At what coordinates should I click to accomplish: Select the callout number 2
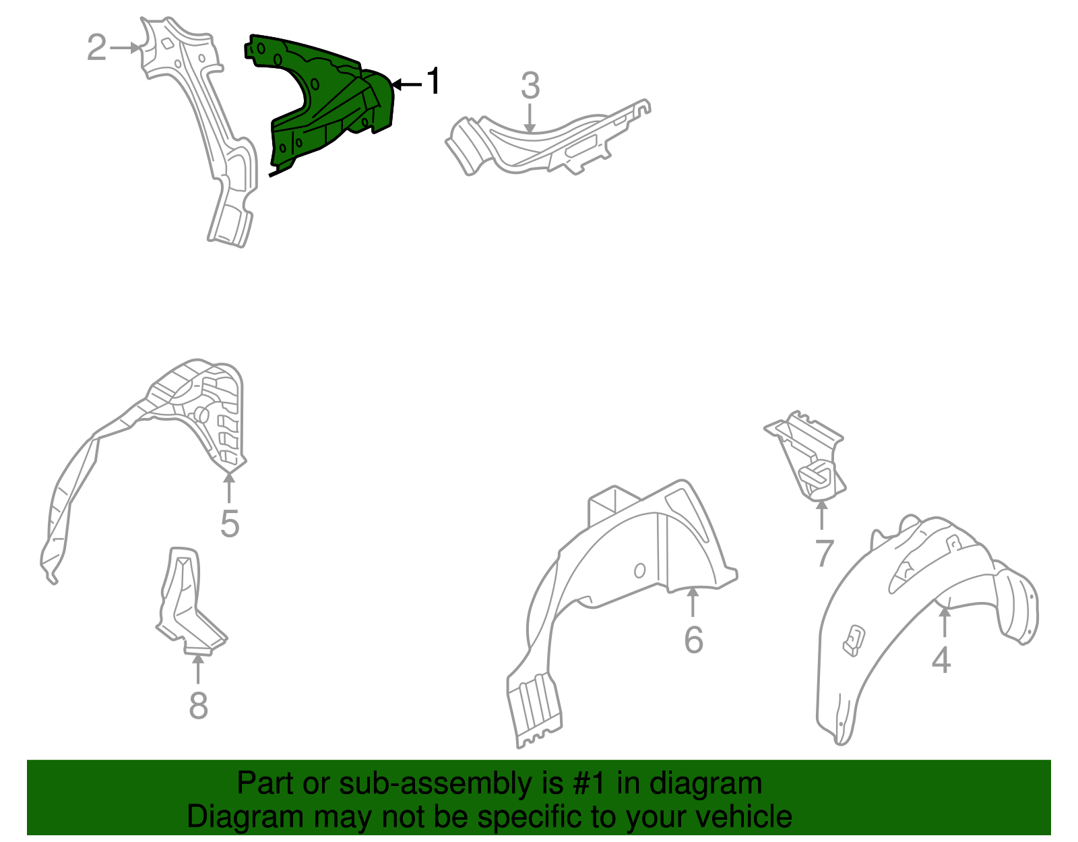point(97,48)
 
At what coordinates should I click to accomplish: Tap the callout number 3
point(530,86)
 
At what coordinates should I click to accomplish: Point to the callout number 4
point(941,660)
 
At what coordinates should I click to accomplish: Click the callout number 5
point(230,523)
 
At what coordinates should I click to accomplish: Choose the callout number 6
point(693,640)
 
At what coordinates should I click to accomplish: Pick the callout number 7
point(824,553)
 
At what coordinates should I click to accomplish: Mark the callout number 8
point(198,705)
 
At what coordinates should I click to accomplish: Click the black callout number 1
point(434,81)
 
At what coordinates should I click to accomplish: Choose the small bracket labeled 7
point(806,454)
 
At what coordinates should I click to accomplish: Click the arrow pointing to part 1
point(407,84)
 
